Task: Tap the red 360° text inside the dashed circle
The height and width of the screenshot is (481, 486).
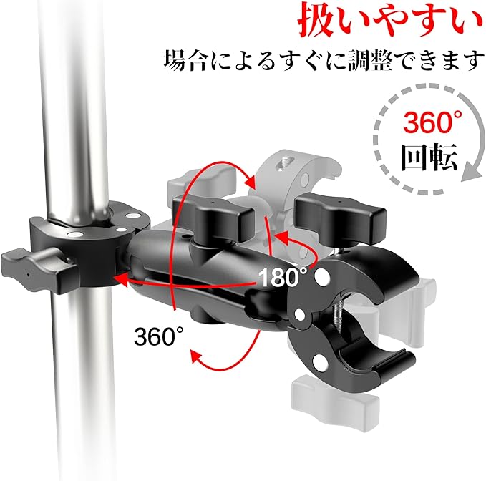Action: tap(432, 122)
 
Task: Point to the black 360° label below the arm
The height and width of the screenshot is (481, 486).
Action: tap(159, 336)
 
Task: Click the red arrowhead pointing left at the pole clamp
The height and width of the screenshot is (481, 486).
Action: tap(122, 281)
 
